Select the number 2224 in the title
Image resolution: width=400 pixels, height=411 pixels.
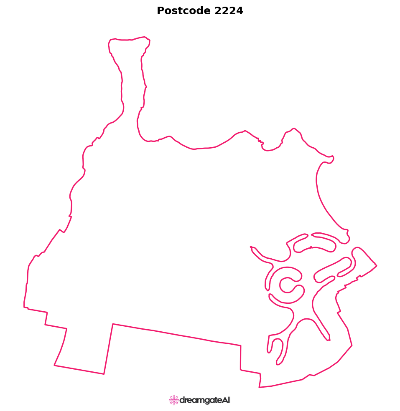(x=229, y=11)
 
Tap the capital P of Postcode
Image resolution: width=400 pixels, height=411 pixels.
(x=160, y=11)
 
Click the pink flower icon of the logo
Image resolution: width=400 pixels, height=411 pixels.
(x=174, y=400)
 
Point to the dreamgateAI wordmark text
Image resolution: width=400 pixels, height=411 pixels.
(x=204, y=401)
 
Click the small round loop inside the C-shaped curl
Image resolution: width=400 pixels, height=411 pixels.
(x=287, y=285)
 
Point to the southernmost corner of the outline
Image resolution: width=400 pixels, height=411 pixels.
(x=259, y=387)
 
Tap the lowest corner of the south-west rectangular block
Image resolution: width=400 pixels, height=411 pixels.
(x=104, y=374)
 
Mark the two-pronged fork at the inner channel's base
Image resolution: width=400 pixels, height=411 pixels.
(x=276, y=348)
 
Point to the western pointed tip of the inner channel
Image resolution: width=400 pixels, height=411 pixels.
(x=251, y=247)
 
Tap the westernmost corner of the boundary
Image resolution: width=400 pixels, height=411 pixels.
(x=24, y=307)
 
